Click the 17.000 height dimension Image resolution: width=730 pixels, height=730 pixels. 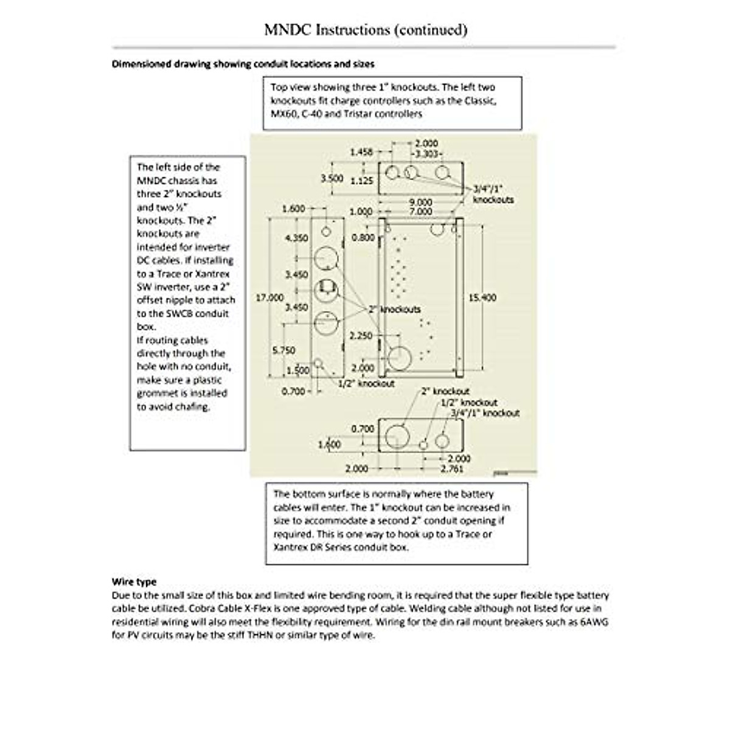(269, 297)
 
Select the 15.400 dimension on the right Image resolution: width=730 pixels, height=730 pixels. (482, 297)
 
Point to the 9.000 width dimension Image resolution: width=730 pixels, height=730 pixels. (420, 202)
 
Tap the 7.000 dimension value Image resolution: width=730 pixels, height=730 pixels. (420, 212)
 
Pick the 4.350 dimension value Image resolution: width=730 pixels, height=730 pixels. (296, 238)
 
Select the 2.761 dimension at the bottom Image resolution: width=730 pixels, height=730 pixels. (451, 468)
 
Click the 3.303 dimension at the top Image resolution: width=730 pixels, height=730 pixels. (428, 154)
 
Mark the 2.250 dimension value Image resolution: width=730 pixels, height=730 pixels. (361, 336)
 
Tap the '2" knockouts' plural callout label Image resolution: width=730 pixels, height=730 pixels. (394, 309)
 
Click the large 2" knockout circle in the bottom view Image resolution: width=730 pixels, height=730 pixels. (398, 436)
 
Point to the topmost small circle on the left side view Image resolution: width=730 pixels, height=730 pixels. (326, 231)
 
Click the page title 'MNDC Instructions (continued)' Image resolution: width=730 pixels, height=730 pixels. (366, 29)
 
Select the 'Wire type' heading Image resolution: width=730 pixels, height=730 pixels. (134, 582)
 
